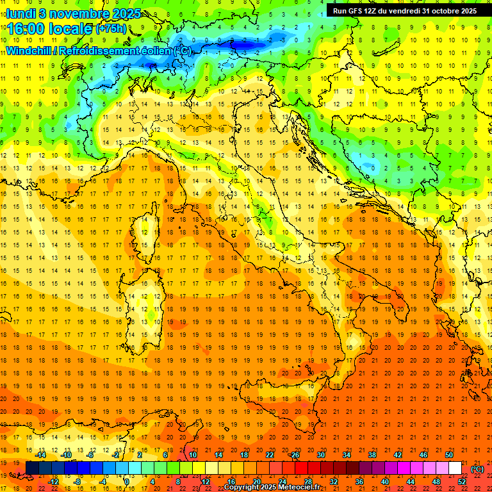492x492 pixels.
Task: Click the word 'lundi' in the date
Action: click(x=20, y=13)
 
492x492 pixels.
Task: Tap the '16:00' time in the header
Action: click(x=25, y=29)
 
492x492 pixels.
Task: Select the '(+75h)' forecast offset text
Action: click(x=111, y=29)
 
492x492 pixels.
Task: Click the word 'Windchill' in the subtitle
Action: click(x=30, y=51)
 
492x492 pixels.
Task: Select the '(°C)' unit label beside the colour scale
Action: click(x=477, y=469)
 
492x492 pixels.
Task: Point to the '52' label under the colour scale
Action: click(x=463, y=481)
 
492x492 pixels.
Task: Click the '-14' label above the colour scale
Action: click(x=40, y=455)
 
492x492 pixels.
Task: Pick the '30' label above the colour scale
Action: click(x=320, y=455)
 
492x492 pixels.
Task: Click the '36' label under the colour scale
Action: click(x=359, y=481)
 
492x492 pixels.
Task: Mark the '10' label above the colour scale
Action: click(x=192, y=455)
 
